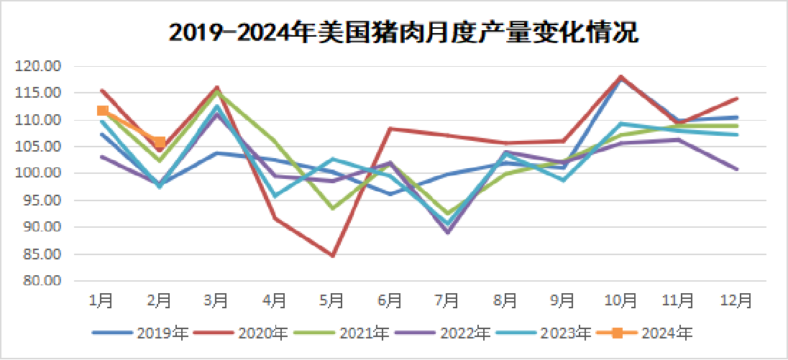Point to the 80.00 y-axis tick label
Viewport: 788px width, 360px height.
(x=40, y=281)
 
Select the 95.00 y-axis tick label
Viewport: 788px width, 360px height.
(x=40, y=200)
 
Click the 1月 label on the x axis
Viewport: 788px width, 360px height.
(x=102, y=300)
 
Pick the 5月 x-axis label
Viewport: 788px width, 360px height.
(x=332, y=300)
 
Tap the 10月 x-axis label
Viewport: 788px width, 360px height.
(x=620, y=300)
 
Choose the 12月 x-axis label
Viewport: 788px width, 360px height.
(x=735, y=300)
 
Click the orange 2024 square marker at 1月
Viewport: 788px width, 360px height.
(x=103, y=111)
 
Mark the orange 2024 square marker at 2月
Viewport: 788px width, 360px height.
(x=160, y=142)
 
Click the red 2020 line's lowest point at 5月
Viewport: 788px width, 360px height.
(x=333, y=256)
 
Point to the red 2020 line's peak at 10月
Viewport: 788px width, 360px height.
(x=620, y=76)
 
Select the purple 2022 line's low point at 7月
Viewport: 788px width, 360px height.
(x=447, y=232)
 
